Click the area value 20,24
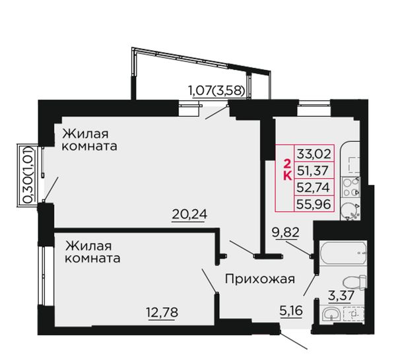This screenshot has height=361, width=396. (189, 214)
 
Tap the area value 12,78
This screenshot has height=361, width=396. (162, 313)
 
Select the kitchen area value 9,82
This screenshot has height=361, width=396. (285, 232)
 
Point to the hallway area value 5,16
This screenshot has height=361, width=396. (291, 310)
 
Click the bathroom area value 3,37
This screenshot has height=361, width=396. (341, 295)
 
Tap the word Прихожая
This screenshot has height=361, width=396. (260, 280)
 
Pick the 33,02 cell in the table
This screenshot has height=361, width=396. (314, 154)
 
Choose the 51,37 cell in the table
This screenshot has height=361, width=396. (314, 170)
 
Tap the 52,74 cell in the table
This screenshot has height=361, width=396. (314, 187)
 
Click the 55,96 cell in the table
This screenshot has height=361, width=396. (314, 204)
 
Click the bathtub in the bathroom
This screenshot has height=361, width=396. (343, 253)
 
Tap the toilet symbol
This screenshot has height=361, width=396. (355, 282)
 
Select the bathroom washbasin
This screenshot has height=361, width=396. (331, 314)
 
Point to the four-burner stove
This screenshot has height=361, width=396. (351, 187)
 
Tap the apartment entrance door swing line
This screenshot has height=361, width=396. (294, 341)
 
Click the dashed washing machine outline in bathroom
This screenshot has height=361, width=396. (354, 314)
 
